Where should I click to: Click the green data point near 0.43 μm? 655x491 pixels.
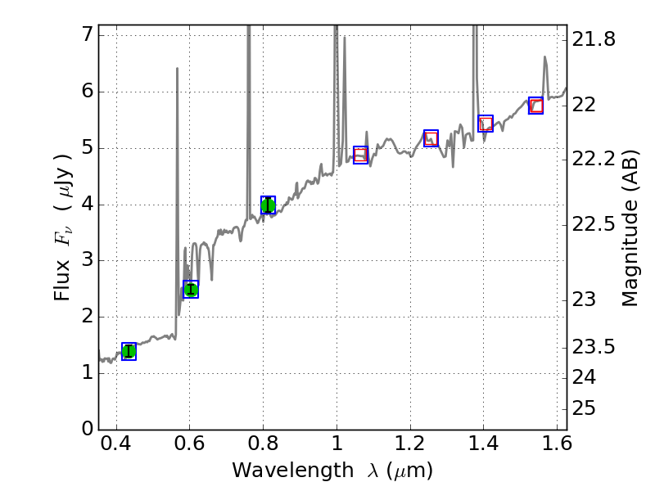[x=129, y=351]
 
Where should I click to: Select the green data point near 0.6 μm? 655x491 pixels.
[x=191, y=289]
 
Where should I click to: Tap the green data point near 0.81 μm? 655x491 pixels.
[x=268, y=205]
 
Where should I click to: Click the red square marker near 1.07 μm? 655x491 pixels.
[x=360, y=155]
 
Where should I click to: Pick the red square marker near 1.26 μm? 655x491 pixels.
[x=431, y=138]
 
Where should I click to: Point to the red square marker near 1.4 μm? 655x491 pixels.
[x=486, y=124]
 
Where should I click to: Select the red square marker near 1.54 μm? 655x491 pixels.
[x=536, y=106]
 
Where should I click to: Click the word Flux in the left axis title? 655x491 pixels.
[x=62, y=281]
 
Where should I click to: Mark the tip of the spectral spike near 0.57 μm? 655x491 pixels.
[x=177, y=69]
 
